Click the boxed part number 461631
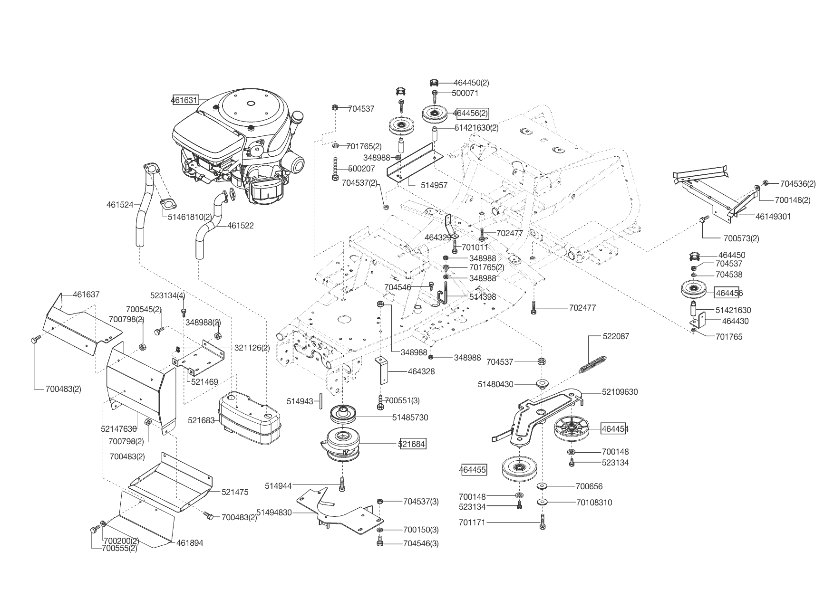(185, 100)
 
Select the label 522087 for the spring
(616, 336)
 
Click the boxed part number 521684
(412, 444)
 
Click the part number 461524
(120, 205)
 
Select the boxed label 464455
(473, 470)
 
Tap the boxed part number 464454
(615, 429)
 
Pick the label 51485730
(410, 418)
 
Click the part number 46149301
(773, 217)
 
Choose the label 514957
(434, 185)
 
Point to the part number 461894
(190, 543)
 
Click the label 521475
(235, 492)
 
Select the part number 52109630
(620, 392)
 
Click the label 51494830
(274, 513)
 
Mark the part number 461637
(86, 294)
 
